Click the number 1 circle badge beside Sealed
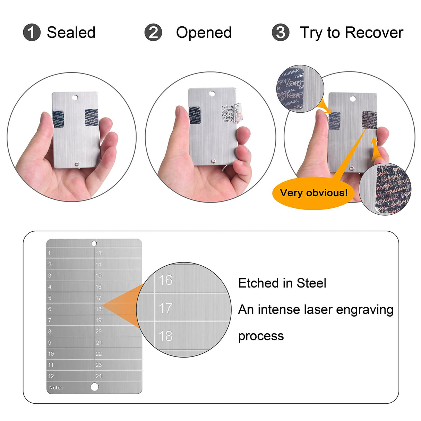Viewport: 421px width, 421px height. (32, 33)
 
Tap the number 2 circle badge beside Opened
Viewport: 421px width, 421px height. (153, 33)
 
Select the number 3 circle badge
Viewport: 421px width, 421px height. (281, 33)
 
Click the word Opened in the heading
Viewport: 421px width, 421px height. (204, 33)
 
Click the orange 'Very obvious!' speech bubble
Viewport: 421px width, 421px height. (313, 193)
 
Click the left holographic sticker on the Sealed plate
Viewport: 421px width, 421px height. (58, 118)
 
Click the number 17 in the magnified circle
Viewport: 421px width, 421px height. (165, 308)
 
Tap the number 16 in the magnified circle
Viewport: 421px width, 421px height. (165, 280)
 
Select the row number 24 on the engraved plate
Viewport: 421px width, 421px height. (99, 376)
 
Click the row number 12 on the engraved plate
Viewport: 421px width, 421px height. (51, 376)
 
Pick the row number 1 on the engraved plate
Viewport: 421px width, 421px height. (49, 254)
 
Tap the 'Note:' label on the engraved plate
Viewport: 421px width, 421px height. (55, 388)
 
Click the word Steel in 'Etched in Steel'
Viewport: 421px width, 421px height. (311, 283)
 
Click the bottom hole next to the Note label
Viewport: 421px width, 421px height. (94, 387)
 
